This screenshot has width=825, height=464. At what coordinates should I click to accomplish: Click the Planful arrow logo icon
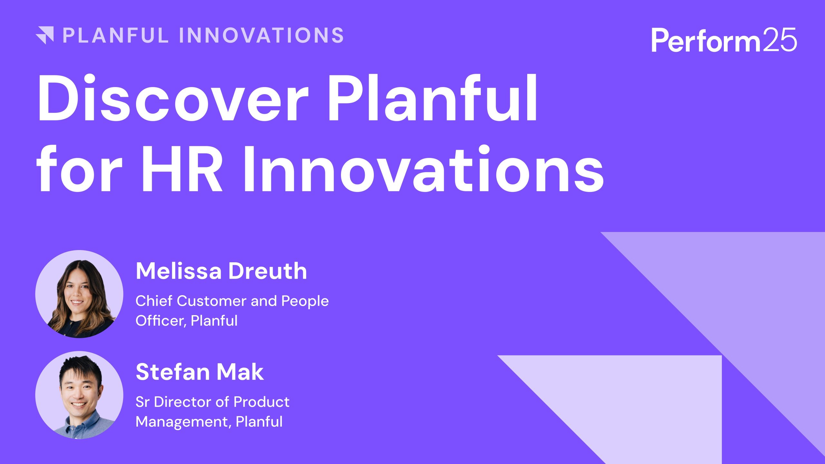tap(45, 35)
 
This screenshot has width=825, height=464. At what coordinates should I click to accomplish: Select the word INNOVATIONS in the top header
tap(261, 35)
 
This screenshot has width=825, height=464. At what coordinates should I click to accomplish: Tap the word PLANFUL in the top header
tap(116, 35)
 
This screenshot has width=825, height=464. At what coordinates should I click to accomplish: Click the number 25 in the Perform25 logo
tap(780, 40)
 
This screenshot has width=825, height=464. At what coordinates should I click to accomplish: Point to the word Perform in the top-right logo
tap(706, 40)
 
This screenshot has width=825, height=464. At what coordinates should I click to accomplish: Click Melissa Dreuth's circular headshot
tap(79, 294)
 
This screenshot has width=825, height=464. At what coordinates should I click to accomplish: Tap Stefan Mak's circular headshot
tap(79, 395)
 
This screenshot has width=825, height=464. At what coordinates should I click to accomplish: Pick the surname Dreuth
tap(267, 271)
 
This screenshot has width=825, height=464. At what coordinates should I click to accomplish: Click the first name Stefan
tap(172, 372)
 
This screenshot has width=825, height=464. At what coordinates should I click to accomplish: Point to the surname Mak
tap(240, 372)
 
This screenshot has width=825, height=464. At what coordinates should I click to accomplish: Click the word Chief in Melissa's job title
tap(154, 301)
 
